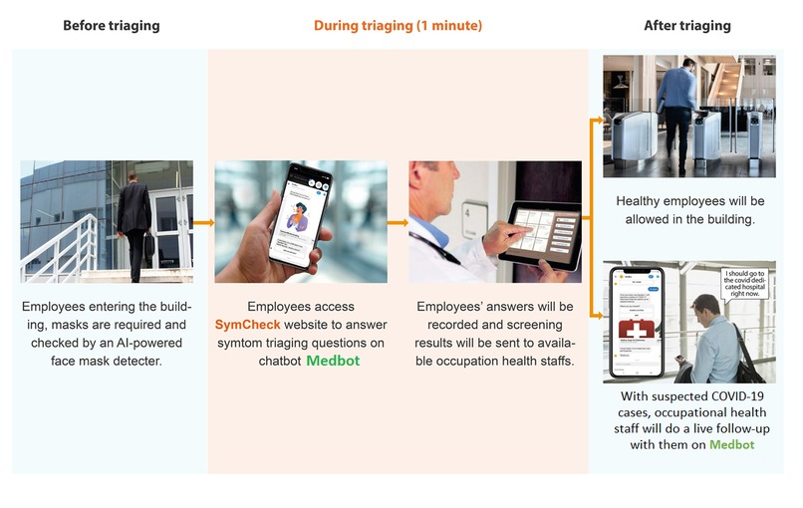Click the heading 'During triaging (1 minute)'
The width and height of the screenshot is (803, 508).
tap(398, 25)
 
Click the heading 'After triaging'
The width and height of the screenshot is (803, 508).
tap(686, 25)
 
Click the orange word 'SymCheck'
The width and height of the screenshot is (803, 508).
tap(253, 325)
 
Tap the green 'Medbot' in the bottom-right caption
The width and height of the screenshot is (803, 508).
tap(731, 444)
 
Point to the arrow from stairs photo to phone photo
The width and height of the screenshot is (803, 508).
tap(203, 222)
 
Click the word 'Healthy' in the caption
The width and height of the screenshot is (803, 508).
tap(643, 200)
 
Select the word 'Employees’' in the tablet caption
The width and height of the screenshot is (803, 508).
tap(451, 307)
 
